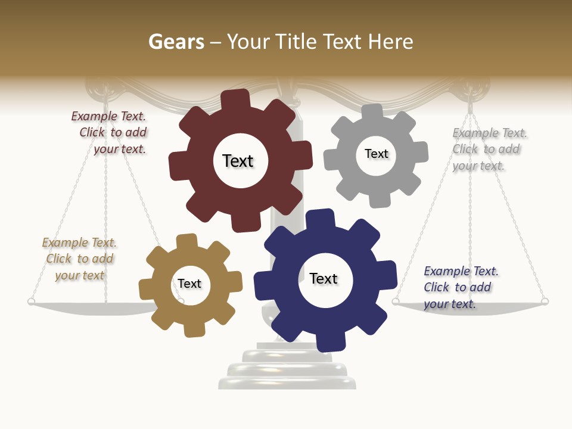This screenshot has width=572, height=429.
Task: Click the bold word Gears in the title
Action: [176, 42]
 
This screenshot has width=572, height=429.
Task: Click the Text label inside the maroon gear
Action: [238, 161]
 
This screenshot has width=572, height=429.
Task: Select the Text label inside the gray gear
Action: [376, 154]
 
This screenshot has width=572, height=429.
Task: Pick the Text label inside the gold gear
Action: [189, 284]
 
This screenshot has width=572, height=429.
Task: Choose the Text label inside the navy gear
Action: [324, 278]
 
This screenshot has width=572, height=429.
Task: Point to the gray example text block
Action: [489, 149]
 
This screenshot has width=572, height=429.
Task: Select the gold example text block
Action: [80, 259]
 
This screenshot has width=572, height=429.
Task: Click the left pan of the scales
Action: [89, 307]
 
